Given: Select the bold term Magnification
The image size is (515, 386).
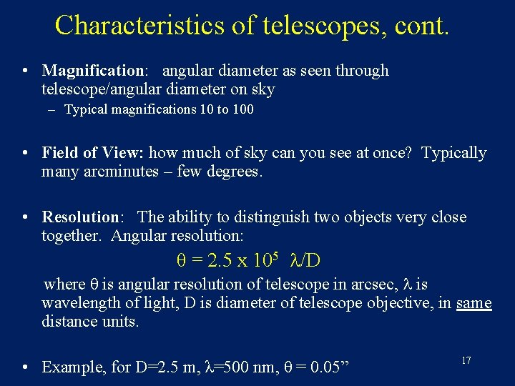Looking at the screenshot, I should [x=93, y=71].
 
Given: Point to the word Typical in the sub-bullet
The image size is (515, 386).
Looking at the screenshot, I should [x=87, y=110].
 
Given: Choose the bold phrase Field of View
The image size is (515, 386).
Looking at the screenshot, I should [x=93, y=153].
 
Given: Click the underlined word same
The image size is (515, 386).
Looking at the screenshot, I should [x=474, y=303].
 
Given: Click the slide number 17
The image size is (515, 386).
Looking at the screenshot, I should [x=466, y=361].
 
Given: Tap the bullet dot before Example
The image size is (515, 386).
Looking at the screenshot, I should [x=25, y=367].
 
